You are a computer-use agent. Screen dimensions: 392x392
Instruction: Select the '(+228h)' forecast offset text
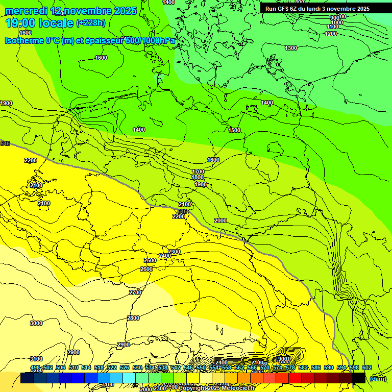90,23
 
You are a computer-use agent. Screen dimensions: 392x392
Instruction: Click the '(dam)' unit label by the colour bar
378,378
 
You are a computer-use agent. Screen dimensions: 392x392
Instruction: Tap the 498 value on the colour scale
35,368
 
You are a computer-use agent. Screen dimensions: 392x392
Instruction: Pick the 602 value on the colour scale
366,368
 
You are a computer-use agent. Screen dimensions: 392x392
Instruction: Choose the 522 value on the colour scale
112,368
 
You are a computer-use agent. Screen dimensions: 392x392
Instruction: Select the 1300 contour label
291,48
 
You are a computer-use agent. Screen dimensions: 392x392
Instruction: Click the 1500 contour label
234,130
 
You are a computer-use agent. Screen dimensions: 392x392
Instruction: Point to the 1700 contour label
198,171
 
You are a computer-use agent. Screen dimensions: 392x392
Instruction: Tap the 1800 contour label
198,177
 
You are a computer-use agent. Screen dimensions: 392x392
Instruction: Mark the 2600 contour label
146,269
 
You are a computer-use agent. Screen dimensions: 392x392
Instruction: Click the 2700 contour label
135,292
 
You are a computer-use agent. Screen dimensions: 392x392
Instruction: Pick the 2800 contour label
133,318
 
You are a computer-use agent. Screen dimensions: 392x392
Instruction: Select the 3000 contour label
36,323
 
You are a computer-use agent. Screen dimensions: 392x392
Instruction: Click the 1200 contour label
331,34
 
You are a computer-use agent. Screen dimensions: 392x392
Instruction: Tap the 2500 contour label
150,261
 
